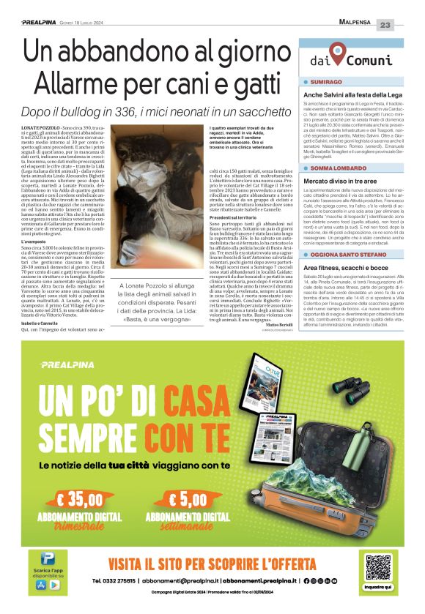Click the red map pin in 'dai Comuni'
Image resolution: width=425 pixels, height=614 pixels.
336,52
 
